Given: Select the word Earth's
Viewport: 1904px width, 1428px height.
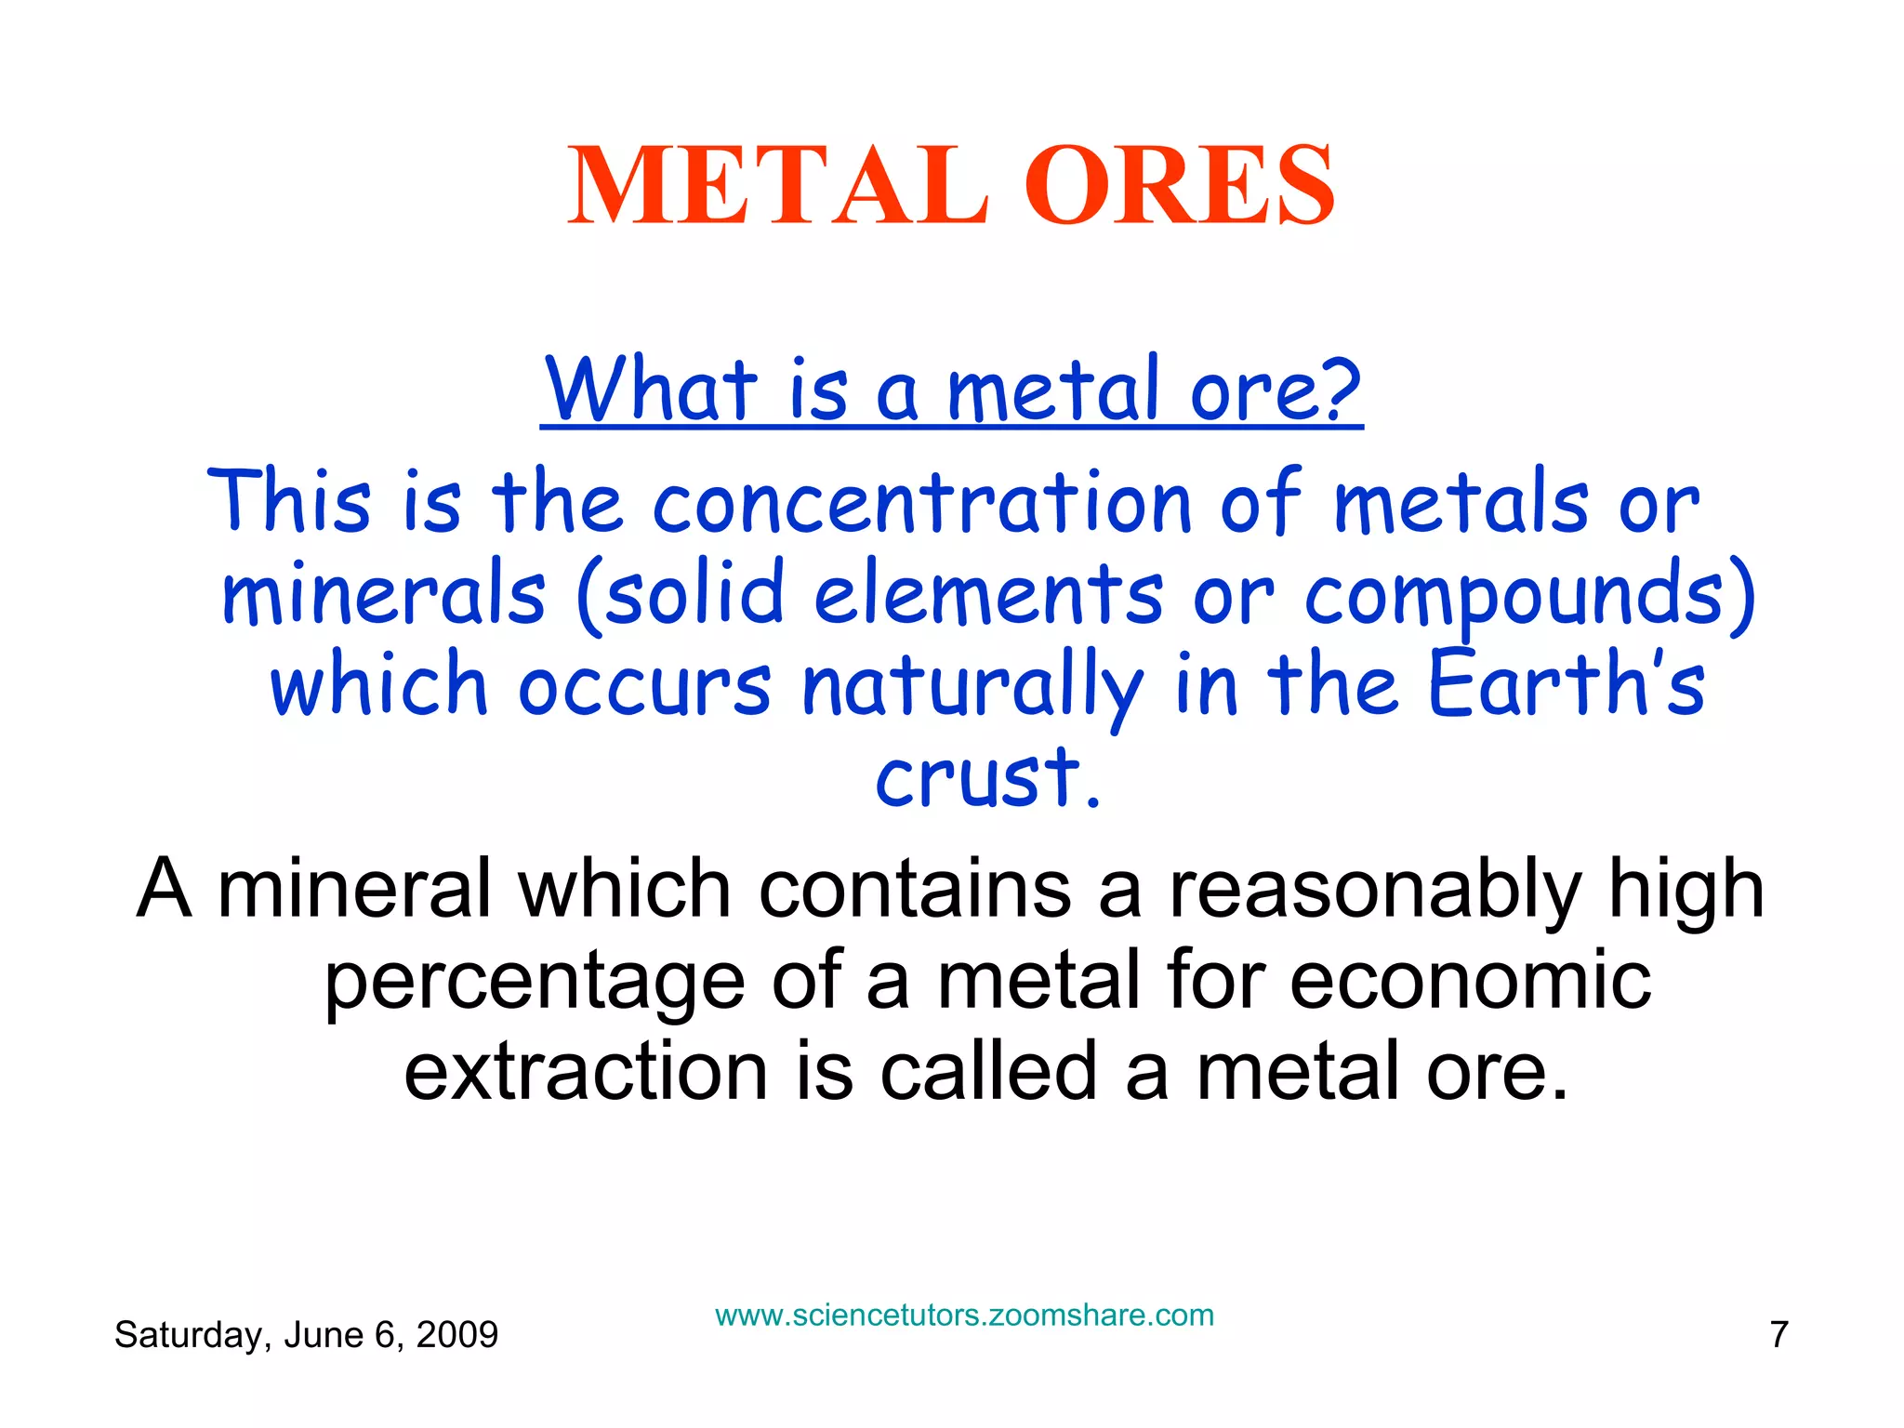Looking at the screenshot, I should [1566, 684].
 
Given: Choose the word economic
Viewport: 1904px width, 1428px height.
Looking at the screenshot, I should [1470, 980].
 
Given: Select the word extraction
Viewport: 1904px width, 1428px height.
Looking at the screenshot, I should [586, 1071].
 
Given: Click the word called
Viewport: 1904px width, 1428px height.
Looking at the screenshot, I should [989, 1071].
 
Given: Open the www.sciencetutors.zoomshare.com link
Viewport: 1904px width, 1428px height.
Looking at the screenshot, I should [964, 1316].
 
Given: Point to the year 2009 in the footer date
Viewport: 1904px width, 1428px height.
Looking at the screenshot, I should [456, 1335].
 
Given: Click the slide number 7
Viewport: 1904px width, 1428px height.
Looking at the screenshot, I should [1778, 1335].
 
